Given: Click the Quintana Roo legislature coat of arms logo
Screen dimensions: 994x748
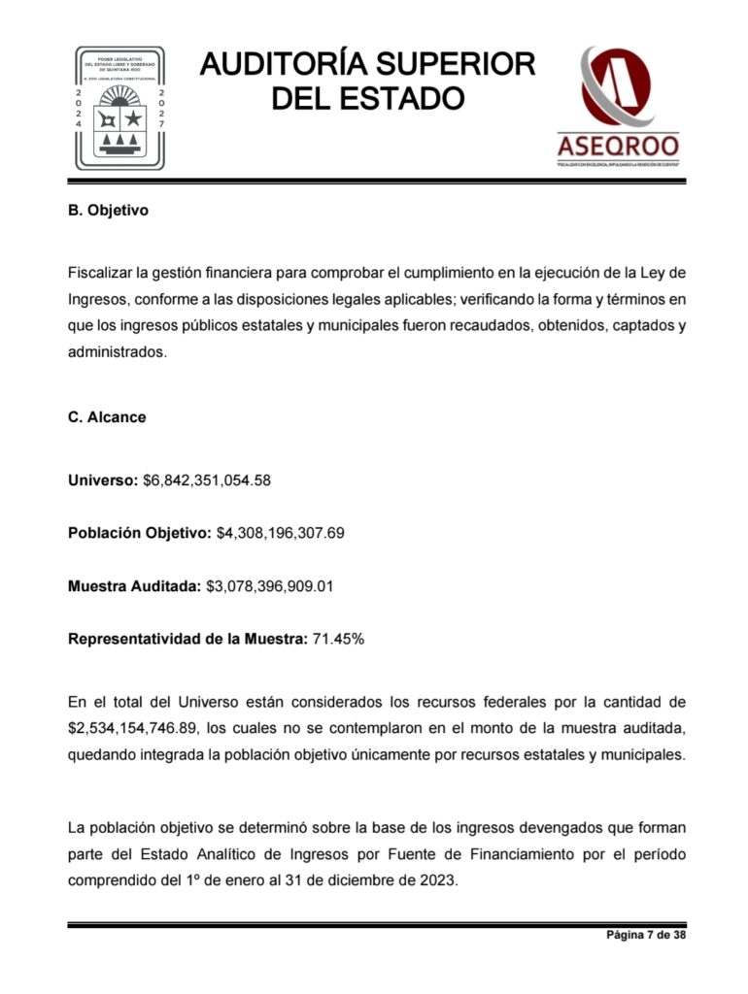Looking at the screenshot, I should tap(119, 107).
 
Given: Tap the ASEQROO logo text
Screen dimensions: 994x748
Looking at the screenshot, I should tap(618, 147).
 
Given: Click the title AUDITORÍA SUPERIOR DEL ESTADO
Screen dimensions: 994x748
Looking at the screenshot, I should tap(368, 81).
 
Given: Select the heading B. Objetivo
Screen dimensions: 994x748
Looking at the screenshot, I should tap(108, 211).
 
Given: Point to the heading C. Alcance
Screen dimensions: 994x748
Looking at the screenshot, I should tap(107, 417).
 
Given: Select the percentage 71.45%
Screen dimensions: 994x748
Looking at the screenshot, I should tap(338, 640).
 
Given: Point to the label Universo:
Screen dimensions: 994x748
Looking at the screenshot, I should tap(102, 480).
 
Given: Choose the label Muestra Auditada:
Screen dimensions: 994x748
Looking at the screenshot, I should tap(134, 586).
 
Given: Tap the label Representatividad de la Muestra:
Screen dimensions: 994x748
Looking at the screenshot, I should tap(187, 640).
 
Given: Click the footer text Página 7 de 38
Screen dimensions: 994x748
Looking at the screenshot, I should tap(647, 935).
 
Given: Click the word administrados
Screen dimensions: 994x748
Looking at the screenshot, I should tap(118, 352).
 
